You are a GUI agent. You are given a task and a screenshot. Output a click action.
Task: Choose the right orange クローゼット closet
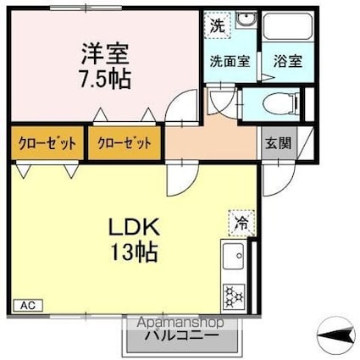(125, 142)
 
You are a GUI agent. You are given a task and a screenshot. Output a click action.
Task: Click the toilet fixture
(279, 104)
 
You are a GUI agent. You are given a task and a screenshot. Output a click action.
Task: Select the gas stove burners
(233, 296)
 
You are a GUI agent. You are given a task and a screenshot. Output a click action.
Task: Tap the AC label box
(25, 305)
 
